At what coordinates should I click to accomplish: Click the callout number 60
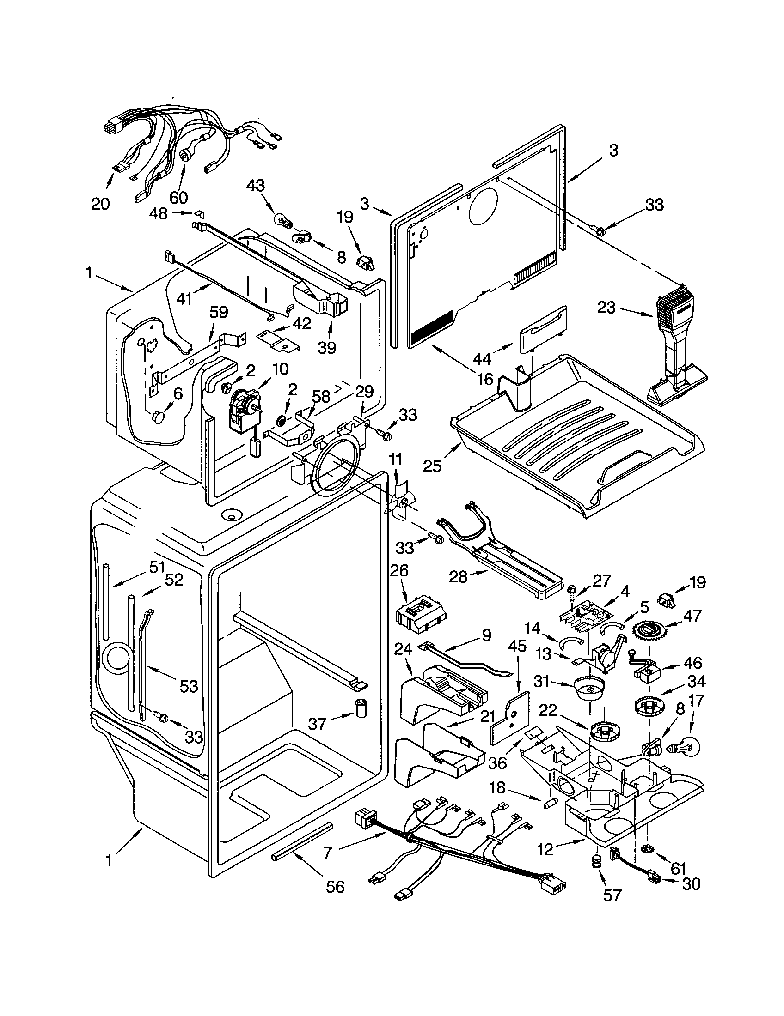click(x=178, y=197)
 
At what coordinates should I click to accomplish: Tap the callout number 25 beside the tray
click(x=432, y=466)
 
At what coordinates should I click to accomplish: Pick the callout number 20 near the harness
click(x=100, y=203)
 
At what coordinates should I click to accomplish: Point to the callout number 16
click(x=485, y=379)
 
